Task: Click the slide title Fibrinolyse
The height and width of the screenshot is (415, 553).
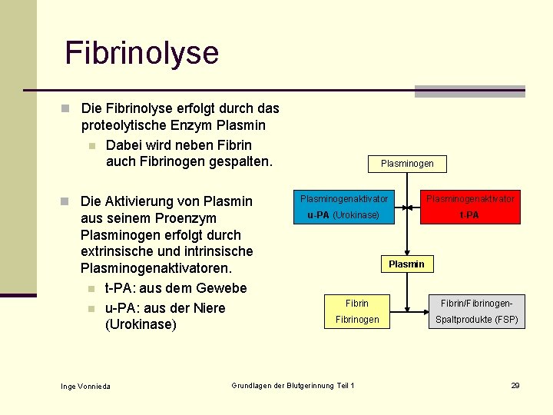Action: (142, 53)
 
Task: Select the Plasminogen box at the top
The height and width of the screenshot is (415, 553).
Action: (407, 163)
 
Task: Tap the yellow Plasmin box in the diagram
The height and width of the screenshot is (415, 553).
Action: (406, 264)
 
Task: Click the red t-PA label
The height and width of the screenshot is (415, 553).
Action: (469, 215)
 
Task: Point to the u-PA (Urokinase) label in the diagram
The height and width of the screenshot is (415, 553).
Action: (343, 215)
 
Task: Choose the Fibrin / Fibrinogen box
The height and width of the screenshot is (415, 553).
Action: (357, 311)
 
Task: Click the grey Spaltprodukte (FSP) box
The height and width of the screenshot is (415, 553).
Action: (477, 311)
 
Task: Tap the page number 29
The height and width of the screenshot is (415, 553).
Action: (515, 385)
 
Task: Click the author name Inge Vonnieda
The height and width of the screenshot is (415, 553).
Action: (85, 386)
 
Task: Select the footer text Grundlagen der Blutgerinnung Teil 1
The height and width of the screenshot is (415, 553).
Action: (293, 385)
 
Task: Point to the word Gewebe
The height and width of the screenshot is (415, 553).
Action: (221, 288)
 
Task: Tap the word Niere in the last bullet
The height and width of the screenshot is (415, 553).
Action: (207, 308)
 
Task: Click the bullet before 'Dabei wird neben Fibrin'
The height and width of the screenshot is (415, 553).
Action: (91, 146)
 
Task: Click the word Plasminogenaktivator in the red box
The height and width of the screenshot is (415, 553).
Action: (471, 199)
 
